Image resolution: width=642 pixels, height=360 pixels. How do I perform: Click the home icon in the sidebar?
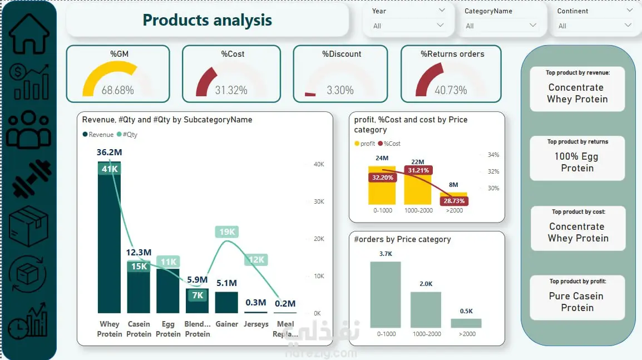pyautogui.click(x=29, y=33)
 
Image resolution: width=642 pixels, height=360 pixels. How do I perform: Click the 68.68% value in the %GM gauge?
pyautogui.click(x=117, y=90)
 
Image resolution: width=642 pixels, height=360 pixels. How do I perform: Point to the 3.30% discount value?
pyautogui.click(x=340, y=90)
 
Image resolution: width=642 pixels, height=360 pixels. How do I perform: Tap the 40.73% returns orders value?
pyautogui.click(x=451, y=90)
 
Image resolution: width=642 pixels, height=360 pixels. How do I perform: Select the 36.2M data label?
pyautogui.click(x=109, y=152)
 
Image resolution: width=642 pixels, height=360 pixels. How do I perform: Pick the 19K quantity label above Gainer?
pyautogui.click(x=226, y=232)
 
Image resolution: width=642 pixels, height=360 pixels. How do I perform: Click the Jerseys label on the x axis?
pyautogui.click(x=256, y=324)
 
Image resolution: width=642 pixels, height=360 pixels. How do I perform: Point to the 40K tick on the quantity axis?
pyautogui.click(x=319, y=164)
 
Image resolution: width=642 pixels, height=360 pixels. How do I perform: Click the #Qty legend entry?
pyautogui.click(x=127, y=135)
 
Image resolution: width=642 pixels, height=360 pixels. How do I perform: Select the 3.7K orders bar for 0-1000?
pyautogui.click(x=386, y=294)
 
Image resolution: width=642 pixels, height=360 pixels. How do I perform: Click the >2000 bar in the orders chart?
pyautogui.click(x=466, y=323)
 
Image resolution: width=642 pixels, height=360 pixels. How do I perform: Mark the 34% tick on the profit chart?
pyautogui.click(x=493, y=155)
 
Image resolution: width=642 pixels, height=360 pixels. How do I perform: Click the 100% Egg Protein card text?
pyautogui.click(x=577, y=162)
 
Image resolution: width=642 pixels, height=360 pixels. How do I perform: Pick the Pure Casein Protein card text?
pyautogui.click(x=577, y=302)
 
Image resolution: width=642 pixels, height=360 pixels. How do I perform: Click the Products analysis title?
pyautogui.click(x=207, y=21)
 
